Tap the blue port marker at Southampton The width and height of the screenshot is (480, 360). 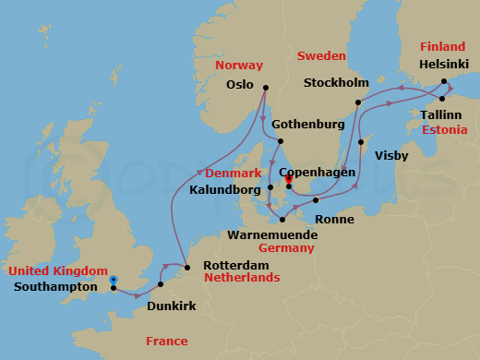(x=113, y=280)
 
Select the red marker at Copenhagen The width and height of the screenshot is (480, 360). (x=289, y=180)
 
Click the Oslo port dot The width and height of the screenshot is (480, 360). (x=265, y=89)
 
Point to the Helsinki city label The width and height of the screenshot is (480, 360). (x=444, y=66)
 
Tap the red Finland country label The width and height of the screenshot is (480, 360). (x=442, y=46)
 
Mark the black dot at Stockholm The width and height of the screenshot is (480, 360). (x=357, y=102)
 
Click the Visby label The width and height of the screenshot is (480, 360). (x=391, y=156)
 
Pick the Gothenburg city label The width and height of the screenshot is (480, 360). (x=307, y=124)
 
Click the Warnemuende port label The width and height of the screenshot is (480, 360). (x=273, y=234)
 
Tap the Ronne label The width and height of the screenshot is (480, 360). (x=332, y=220)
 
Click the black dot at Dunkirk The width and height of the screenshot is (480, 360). (x=161, y=284)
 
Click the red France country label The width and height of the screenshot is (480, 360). (x=166, y=342)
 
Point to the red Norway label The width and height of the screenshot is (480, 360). (x=234, y=66)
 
